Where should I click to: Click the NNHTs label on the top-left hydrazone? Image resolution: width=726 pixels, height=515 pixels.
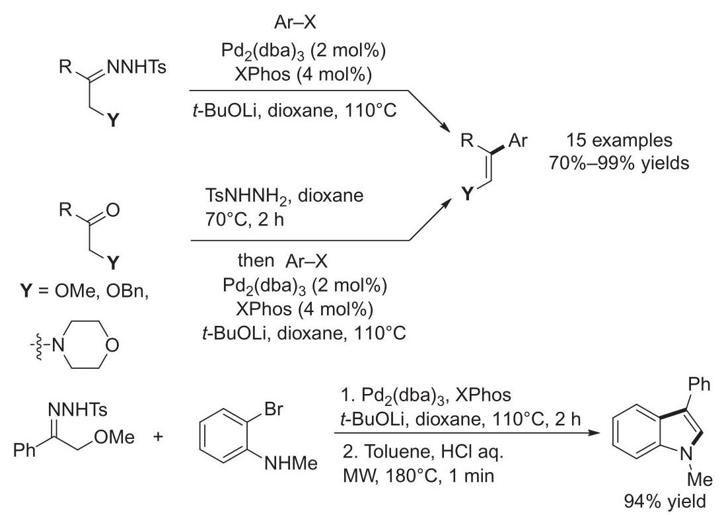(x=136, y=67)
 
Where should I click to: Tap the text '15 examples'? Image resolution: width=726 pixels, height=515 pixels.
(x=619, y=140)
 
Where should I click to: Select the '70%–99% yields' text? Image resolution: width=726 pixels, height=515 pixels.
(x=619, y=163)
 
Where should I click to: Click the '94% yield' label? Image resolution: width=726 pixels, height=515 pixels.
(x=665, y=501)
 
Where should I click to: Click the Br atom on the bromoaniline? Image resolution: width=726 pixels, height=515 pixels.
(x=273, y=409)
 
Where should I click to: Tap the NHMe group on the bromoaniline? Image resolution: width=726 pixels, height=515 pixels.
(x=291, y=463)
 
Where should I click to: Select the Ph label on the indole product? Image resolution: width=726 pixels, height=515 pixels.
(x=699, y=384)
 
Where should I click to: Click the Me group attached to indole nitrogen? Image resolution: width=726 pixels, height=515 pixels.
(x=700, y=479)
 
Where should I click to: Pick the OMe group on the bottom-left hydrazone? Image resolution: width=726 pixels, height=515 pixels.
(x=114, y=437)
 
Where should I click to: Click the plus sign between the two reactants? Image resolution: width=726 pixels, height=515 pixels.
(x=159, y=436)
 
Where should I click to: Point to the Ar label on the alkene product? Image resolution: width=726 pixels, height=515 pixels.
(x=518, y=140)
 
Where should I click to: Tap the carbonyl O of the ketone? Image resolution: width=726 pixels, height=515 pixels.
(x=112, y=210)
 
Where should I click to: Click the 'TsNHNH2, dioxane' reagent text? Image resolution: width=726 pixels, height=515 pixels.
(x=284, y=196)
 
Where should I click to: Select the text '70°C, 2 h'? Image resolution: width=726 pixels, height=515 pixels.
(x=244, y=219)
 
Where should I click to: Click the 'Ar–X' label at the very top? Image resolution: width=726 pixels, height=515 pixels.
(x=295, y=22)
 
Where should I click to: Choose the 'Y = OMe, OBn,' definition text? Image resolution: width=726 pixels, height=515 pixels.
(x=85, y=291)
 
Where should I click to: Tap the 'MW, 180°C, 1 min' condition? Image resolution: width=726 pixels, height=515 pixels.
(x=419, y=475)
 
